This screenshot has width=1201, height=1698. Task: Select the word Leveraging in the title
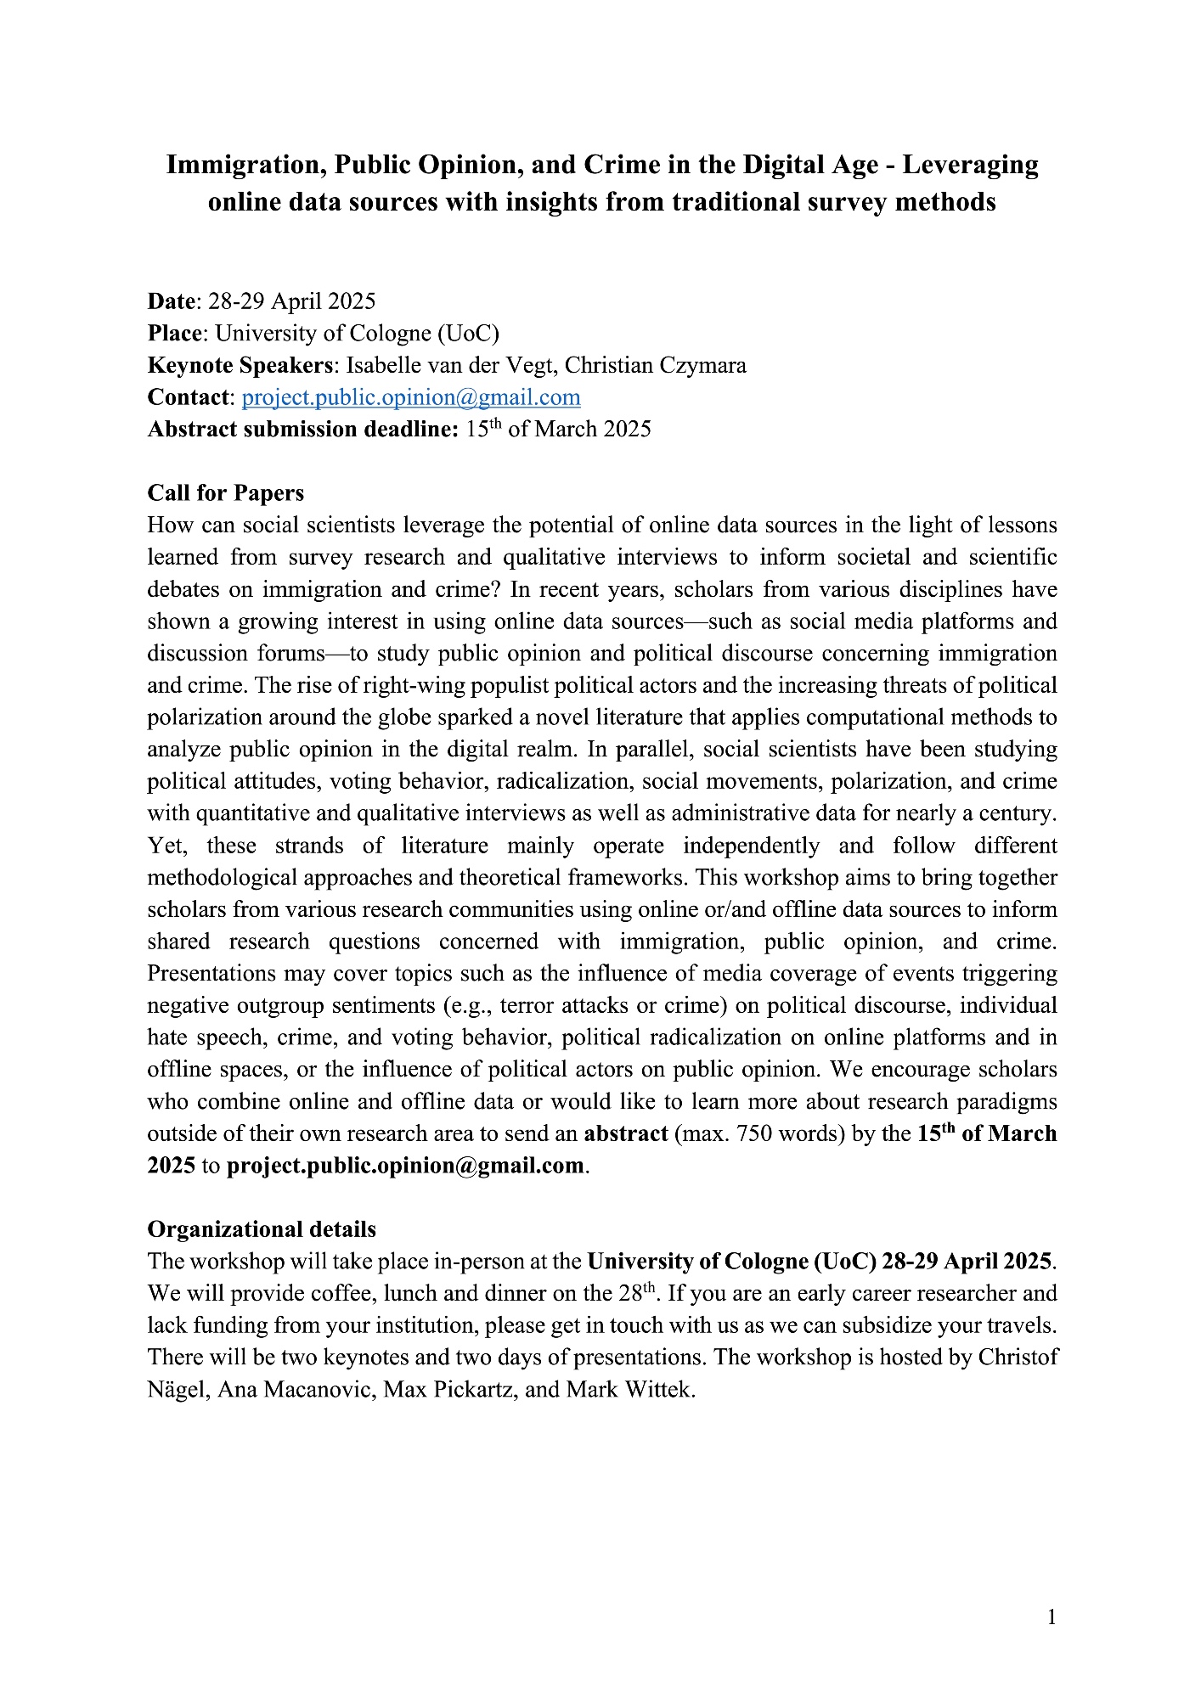[970, 165]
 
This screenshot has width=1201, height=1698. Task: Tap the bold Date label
[171, 301]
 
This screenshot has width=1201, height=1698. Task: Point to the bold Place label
[175, 334]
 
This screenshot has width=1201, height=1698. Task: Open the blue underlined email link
[411, 397]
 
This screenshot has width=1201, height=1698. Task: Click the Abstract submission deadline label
[302, 430]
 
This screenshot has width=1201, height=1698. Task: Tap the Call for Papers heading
[225, 493]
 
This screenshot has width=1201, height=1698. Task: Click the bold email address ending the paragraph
[405, 1166]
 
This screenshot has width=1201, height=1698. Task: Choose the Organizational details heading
[262, 1229]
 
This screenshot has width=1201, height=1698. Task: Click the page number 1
[1052, 1617]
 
